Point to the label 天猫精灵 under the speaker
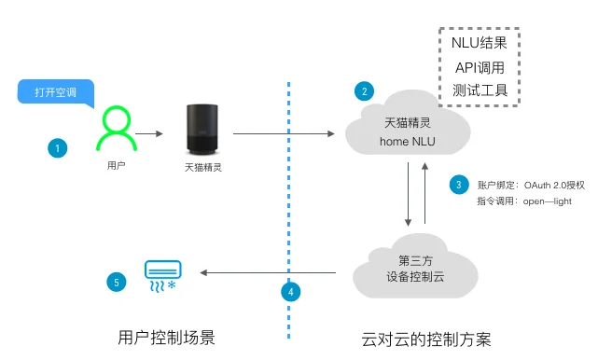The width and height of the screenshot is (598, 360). [203, 168]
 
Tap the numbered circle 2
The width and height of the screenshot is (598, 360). [365, 91]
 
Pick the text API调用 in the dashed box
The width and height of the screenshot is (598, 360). [479, 68]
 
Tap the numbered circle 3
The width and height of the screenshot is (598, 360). [458, 185]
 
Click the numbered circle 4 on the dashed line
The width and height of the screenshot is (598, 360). [290, 291]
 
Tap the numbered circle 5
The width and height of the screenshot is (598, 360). [116, 281]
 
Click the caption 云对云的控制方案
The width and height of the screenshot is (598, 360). [425, 337]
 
